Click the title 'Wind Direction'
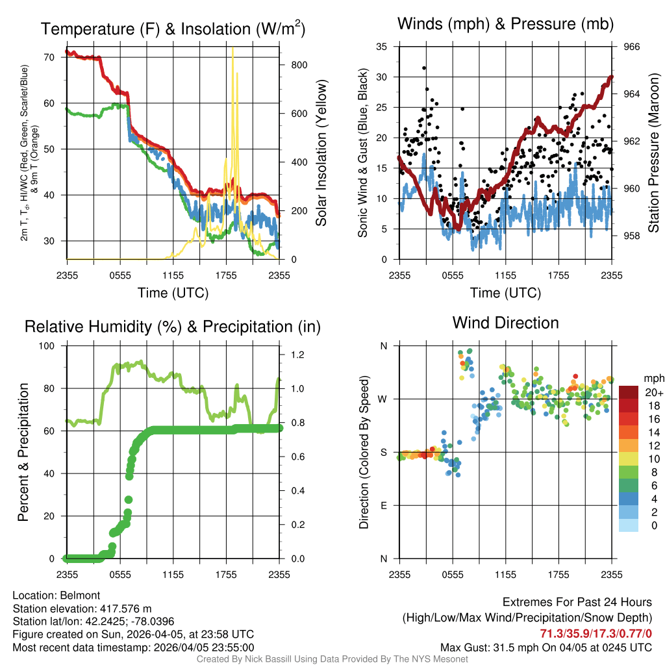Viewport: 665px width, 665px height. pos(505,323)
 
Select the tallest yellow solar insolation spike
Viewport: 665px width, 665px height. pos(232,49)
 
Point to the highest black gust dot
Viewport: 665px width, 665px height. pos(424,68)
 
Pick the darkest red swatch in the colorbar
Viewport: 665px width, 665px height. pos(629,392)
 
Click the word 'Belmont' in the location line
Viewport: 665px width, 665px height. pos(80,595)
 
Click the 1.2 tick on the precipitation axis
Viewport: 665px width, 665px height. pos(297,355)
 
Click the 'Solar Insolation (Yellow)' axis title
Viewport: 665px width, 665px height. pos(321,153)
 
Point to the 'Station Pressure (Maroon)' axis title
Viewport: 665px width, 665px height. pos(654,153)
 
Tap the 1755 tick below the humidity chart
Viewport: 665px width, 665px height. pos(226,575)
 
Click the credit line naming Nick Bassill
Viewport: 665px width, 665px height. pos(332,659)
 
